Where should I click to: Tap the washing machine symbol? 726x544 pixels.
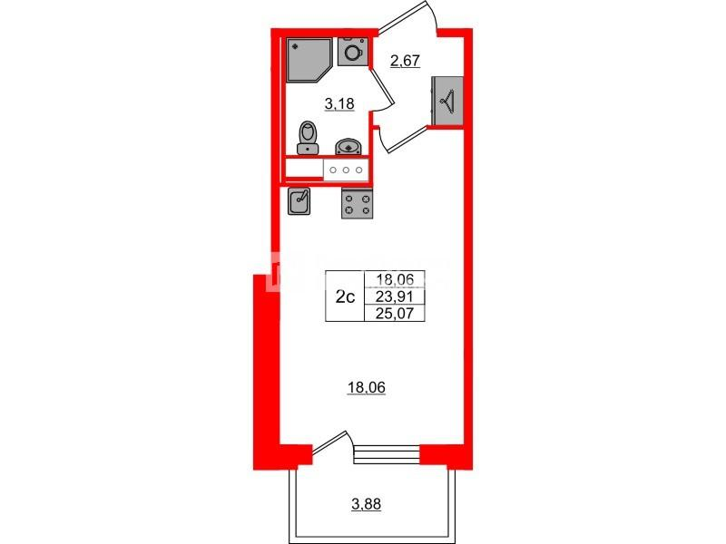tap(353, 51)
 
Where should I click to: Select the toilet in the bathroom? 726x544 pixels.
tap(309, 139)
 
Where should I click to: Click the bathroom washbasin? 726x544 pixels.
tap(348, 146)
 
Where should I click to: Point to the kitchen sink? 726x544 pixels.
tap(300, 200)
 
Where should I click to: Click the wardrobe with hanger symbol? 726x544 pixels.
tap(446, 99)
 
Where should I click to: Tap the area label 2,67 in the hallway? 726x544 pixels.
tap(404, 61)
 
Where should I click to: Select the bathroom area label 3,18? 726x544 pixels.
tap(338, 104)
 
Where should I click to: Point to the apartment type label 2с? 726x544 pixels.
tap(345, 297)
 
